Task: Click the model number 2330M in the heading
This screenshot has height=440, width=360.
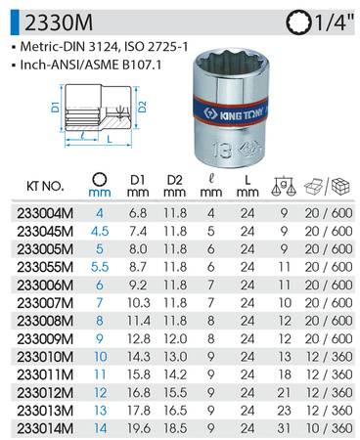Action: click(x=59, y=22)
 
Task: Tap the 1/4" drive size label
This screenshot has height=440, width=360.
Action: click(x=334, y=22)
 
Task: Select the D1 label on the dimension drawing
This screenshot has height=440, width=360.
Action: click(x=56, y=107)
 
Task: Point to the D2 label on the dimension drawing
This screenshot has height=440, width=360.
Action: click(x=143, y=107)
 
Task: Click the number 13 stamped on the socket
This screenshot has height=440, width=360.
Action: click(x=223, y=151)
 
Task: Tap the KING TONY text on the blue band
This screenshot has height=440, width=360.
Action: click(x=242, y=114)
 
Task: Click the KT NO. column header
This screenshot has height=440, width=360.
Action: click(x=45, y=186)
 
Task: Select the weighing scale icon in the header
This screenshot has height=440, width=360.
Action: click(x=283, y=186)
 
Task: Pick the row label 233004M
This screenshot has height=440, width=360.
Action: click(x=45, y=213)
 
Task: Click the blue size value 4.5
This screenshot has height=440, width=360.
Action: click(x=100, y=232)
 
